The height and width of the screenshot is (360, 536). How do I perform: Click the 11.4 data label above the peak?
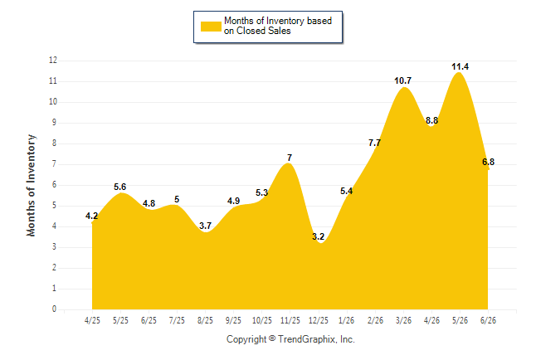(x=460, y=66)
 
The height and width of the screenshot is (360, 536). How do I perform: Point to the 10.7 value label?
(x=402, y=80)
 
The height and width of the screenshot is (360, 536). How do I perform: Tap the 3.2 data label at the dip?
(x=318, y=236)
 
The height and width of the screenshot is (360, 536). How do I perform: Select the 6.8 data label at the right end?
(x=488, y=162)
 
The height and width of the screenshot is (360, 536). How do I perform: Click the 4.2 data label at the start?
(x=91, y=216)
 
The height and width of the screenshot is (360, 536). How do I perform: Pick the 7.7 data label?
(x=375, y=143)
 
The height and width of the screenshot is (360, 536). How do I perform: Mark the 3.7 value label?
(x=205, y=226)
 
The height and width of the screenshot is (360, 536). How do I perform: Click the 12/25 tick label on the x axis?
(x=319, y=321)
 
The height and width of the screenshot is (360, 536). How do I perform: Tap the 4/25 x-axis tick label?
(x=92, y=321)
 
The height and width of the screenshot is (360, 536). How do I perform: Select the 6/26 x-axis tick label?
(x=488, y=321)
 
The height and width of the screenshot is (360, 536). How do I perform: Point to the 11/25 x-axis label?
(x=290, y=321)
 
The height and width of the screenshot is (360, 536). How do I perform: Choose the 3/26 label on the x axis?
(x=403, y=321)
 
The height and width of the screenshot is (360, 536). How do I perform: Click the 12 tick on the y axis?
(x=53, y=61)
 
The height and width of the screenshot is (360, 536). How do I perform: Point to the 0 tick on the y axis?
(x=55, y=309)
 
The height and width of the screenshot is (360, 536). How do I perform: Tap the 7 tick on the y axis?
(x=55, y=164)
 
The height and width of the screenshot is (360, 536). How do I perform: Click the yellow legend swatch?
(x=211, y=27)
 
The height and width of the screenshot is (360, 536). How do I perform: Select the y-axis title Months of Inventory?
(x=31, y=185)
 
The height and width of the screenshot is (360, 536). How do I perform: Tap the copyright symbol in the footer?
(x=272, y=338)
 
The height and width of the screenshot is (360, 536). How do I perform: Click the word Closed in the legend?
(x=249, y=31)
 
